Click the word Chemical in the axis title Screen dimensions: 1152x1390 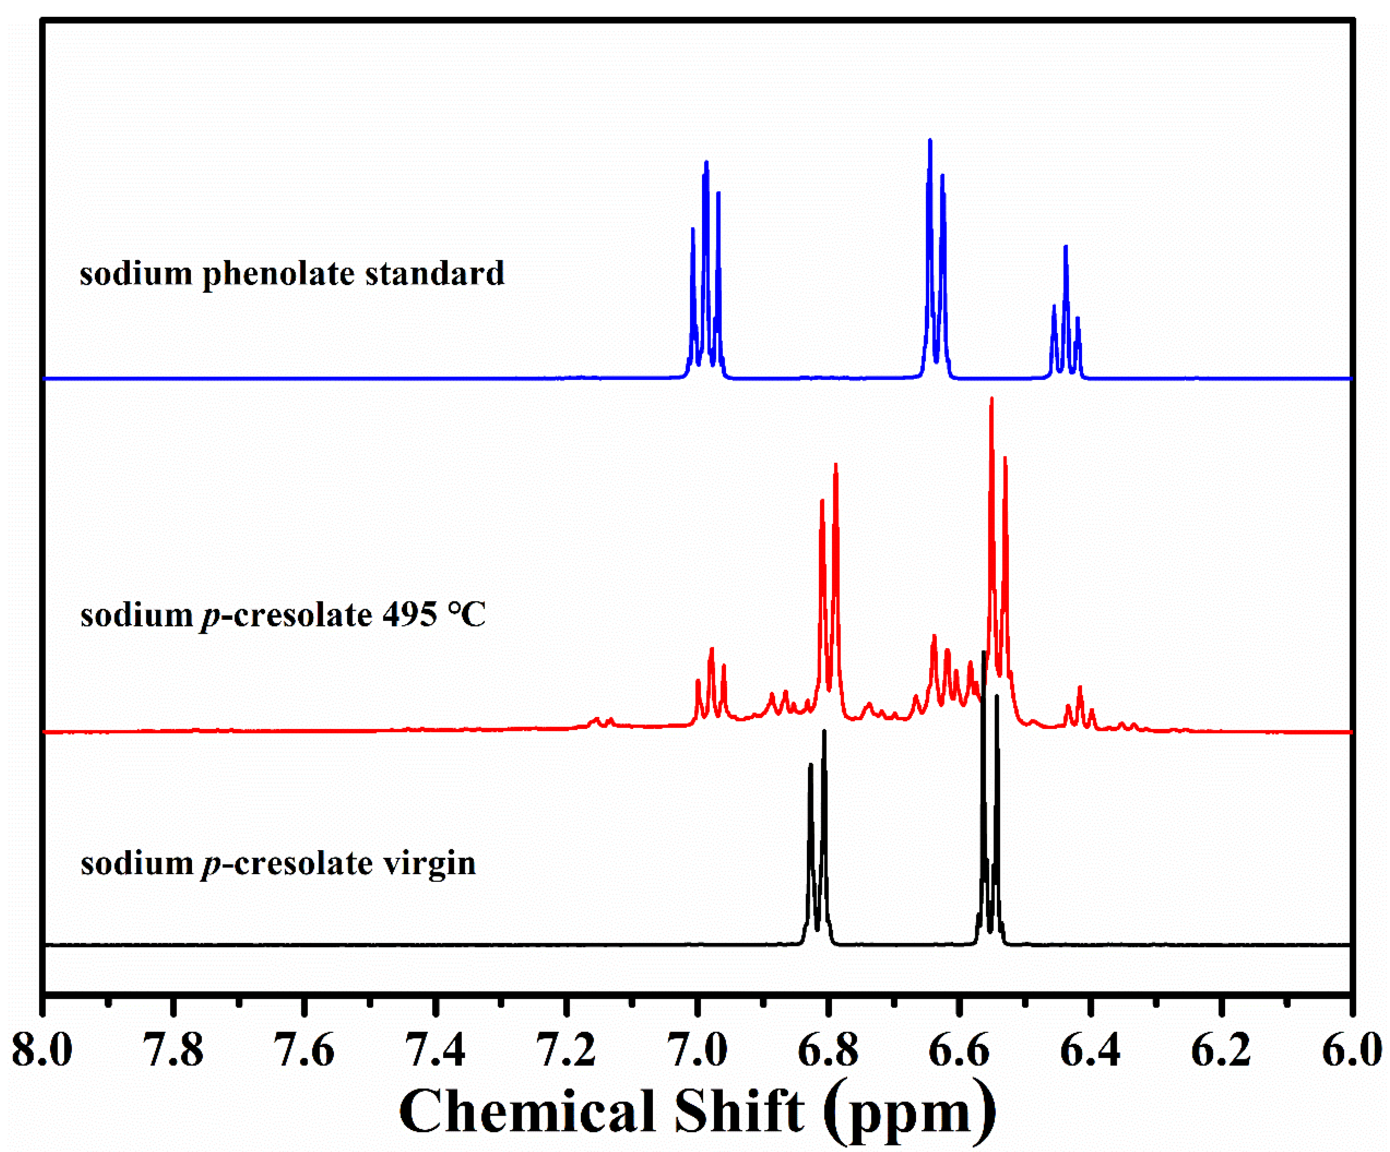(x=527, y=1113)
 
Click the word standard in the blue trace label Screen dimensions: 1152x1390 (x=435, y=273)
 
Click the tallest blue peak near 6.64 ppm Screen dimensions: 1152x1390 (x=930, y=142)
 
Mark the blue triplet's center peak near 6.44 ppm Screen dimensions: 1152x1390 (x=1066, y=248)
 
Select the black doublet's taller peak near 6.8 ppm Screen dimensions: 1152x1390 (x=824, y=733)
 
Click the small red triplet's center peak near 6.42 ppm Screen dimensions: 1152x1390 (x=1080, y=689)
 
